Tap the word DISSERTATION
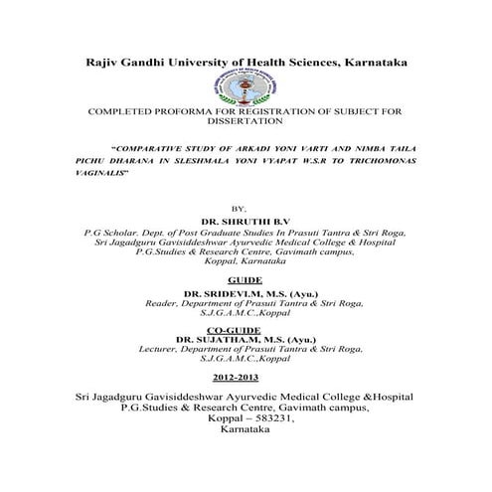pos(246,123)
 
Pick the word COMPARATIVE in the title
pos(170,141)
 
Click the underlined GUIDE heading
pos(246,282)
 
